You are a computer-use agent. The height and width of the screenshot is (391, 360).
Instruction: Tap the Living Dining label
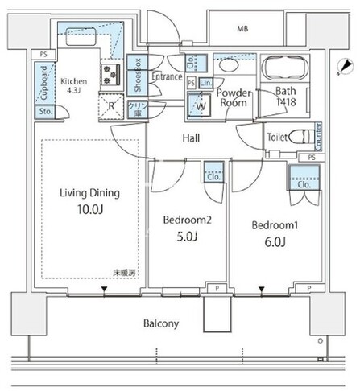[89, 192]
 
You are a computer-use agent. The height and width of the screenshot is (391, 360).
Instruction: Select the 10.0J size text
[89, 211]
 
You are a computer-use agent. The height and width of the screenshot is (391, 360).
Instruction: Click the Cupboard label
[41, 80]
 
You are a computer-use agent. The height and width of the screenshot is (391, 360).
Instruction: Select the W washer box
[199, 105]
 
